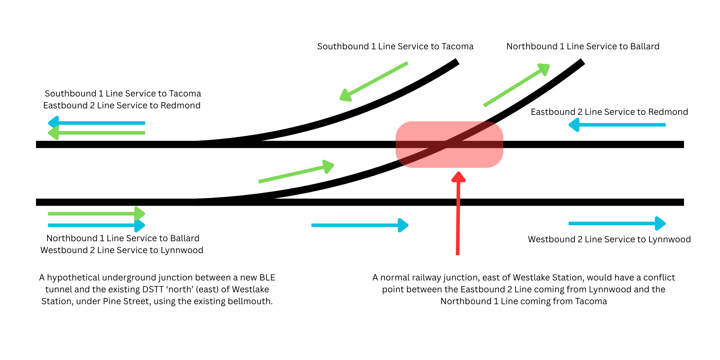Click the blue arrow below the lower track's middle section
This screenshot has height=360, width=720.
pos(360,225)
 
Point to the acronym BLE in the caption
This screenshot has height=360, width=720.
pos(267,278)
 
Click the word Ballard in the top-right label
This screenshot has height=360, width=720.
pos(644,46)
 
